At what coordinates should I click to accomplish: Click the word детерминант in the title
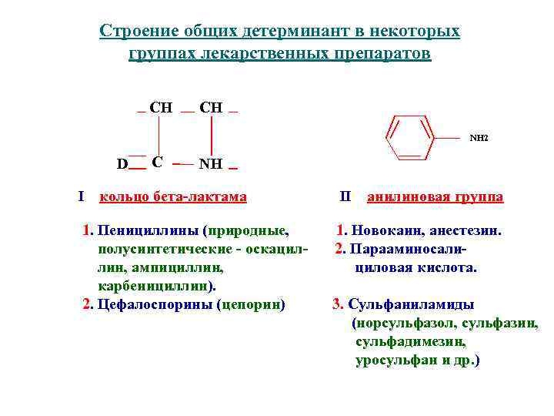click(288, 32)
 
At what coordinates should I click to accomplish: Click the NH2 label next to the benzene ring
click(479, 139)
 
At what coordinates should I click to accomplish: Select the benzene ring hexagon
click(409, 138)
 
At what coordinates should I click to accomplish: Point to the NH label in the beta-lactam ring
click(210, 164)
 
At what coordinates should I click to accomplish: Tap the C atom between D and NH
click(157, 163)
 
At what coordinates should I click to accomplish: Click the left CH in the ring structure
click(161, 108)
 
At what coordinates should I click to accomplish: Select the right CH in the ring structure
click(211, 108)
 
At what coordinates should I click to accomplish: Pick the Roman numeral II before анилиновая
click(345, 196)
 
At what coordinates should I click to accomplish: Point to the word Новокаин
click(389, 230)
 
